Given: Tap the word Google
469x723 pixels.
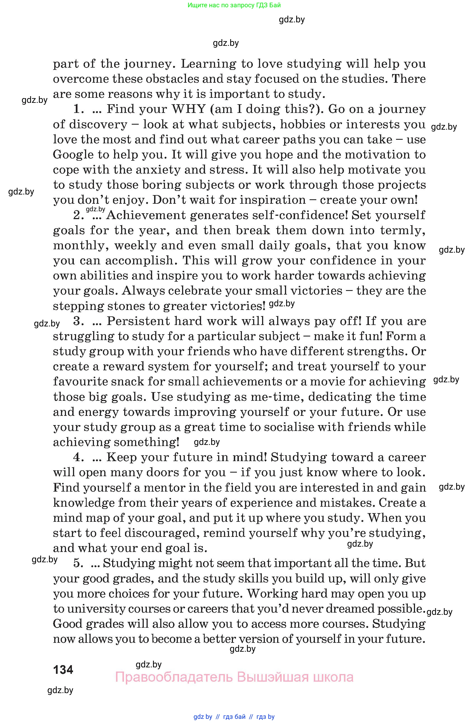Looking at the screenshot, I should click(73, 155).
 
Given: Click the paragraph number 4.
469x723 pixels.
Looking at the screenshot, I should click(78, 457).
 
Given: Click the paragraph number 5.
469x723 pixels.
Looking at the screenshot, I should click(78, 563).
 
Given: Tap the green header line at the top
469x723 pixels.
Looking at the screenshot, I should click(234, 5).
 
